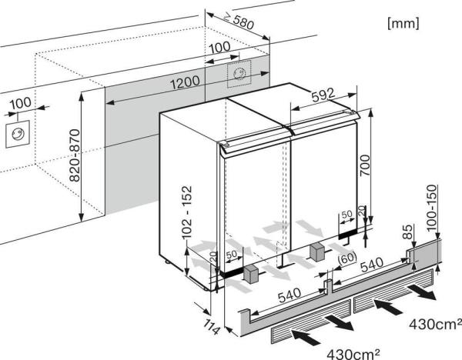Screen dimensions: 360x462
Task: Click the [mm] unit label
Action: pyautogui.click(x=403, y=24)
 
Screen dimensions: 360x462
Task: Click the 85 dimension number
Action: pyautogui.click(x=406, y=230)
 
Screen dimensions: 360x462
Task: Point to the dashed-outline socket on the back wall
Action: pyautogui.click(x=240, y=74)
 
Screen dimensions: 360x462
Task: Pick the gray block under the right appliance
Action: pyautogui.click(x=316, y=251)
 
